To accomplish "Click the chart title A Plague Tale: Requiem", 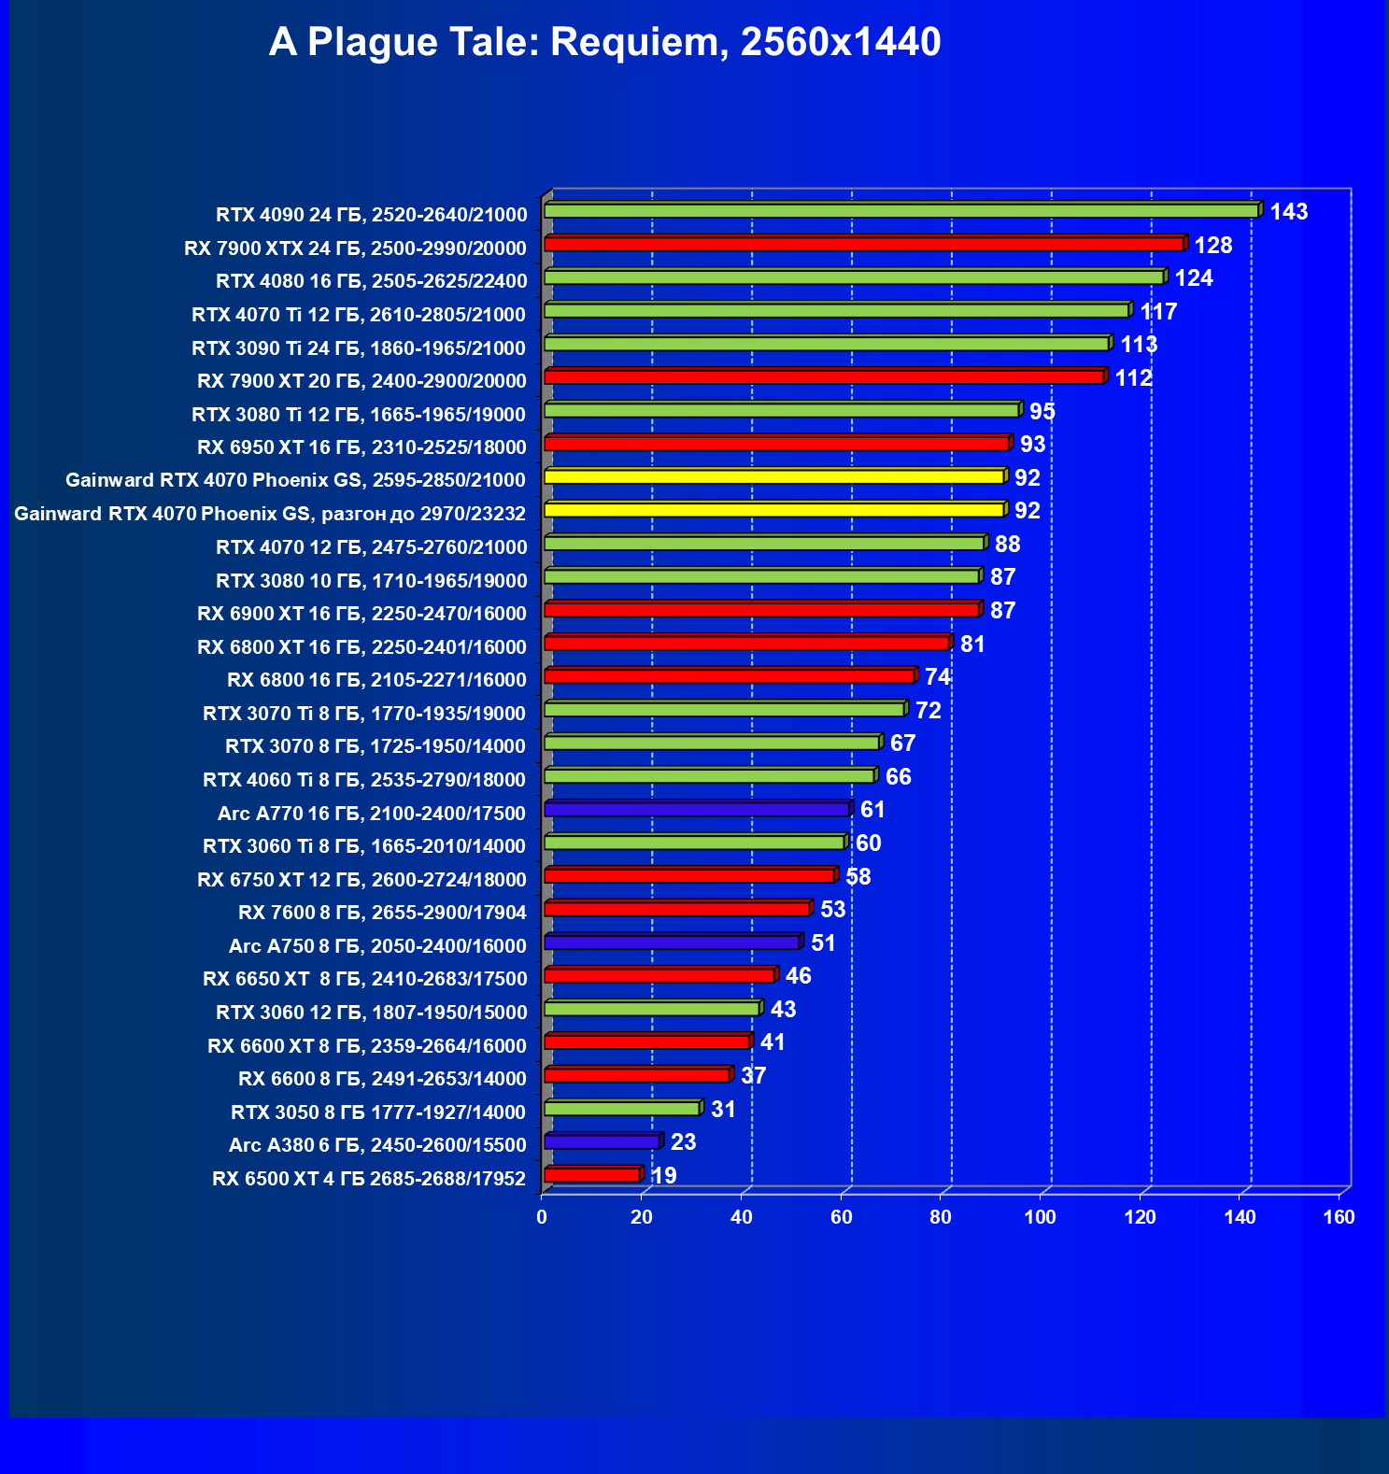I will tap(604, 42).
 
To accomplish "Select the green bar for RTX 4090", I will tap(900, 211).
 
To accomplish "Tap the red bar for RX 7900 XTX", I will tap(863, 244).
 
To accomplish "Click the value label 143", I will tap(1288, 212).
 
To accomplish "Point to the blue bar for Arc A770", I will tap(696, 809).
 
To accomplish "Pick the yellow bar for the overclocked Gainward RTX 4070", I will tap(773, 510).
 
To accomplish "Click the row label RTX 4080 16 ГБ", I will tap(371, 281).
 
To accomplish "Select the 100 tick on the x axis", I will tap(1040, 1217).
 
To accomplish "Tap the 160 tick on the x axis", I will tap(1339, 1217).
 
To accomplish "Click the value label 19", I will tap(663, 1175).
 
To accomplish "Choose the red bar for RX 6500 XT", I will tap(591, 1175).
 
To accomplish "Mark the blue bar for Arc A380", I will tap(602, 1141).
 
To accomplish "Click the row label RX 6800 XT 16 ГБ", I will tap(361, 647).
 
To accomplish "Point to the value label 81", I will tap(972, 644).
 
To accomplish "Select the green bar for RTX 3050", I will tap(621, 1109).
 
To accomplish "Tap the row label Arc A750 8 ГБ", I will tap(377, 946).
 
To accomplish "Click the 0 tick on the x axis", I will tap(542, 1217).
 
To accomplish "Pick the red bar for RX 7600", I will tap(676, 909).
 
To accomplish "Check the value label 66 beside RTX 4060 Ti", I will tap(898, 777).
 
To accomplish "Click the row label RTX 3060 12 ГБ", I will tap(371, 1013).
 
